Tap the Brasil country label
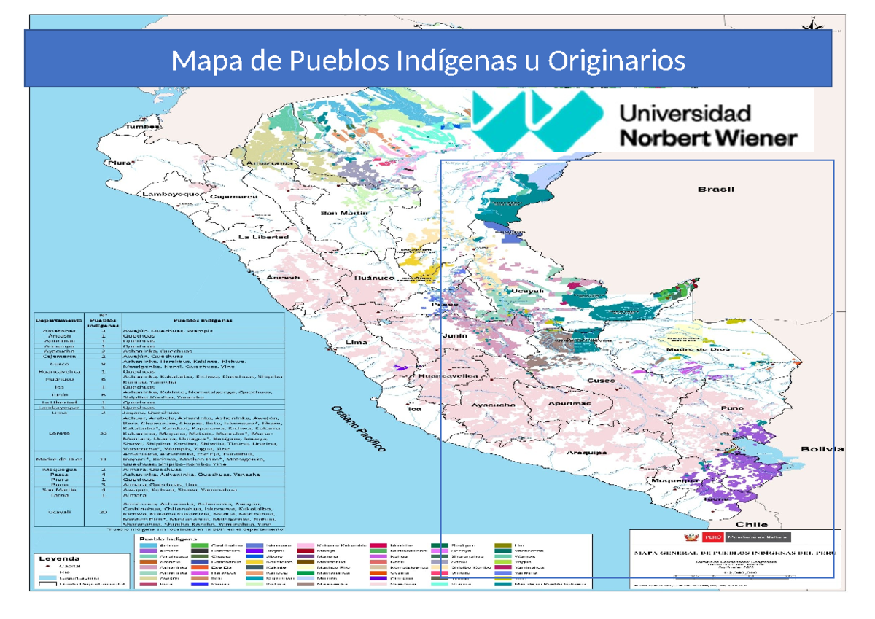(x=715, y=190)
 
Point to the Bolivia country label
(x=822, y=449)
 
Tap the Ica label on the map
(x=415, y=409)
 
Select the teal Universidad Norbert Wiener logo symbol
(x=534, y=121)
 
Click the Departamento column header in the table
(x=59, y=320)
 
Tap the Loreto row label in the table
(x=59, y=432)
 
